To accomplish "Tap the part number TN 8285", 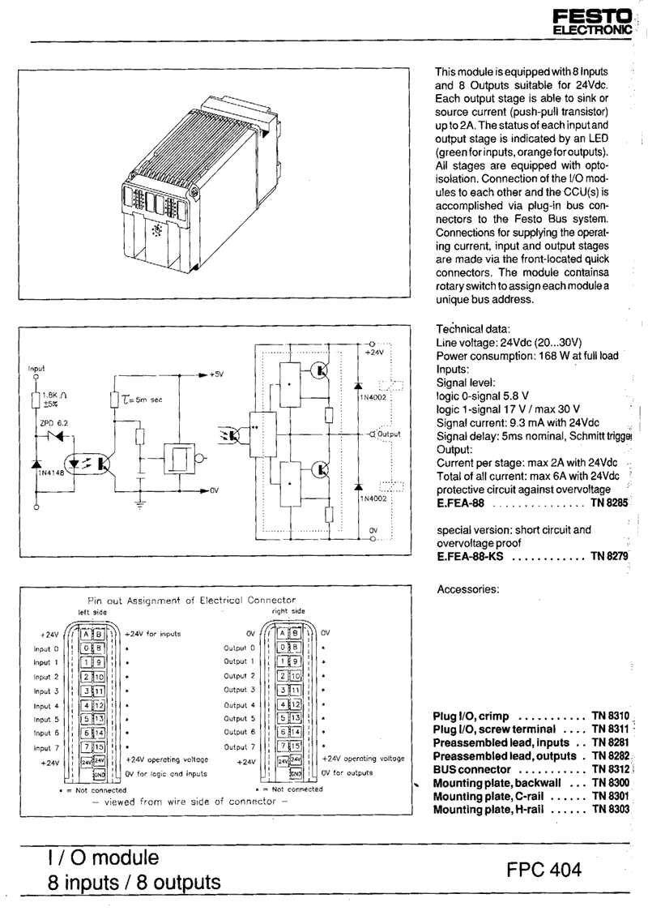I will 609,503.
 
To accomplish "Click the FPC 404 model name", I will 544,870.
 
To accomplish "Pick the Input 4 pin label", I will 45,706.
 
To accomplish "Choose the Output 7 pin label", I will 239,747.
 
